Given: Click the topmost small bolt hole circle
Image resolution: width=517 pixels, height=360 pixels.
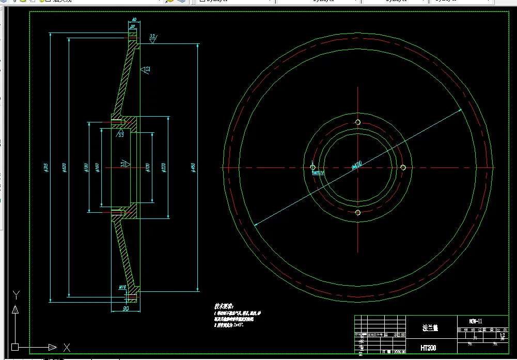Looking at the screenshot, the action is pyautogui.click(x=358, y=122).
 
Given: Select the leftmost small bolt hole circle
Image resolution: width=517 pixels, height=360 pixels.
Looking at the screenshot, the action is pyautogui.click(x=312, y=167).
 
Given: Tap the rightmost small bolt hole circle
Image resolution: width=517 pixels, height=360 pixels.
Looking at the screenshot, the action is pyautogui.click(x=403, y=167).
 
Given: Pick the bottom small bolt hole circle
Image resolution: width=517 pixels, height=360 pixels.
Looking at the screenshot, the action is pyautogui.click(x=358, y=212).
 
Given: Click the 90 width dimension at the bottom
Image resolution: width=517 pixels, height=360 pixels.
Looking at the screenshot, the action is pyautogui.click(x=125, y=308).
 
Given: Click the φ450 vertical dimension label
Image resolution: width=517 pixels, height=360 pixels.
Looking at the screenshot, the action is pyautogui.click(x=193, y=167).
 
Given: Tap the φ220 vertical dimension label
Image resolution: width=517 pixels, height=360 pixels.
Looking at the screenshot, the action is pyautogui.click(x=164, y=167).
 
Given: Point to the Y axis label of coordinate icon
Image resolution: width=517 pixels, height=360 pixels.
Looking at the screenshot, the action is pyautogui.click(x=16, y=295).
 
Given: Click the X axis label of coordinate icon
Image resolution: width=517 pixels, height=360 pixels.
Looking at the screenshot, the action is pyautogui.click(x=66, y=347).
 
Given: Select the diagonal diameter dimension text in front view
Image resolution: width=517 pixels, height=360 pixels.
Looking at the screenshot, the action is pyautogui.click(x=356, y=166).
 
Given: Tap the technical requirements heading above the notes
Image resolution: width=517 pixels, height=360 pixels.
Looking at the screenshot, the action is pyautogui.click(x=224, y=306).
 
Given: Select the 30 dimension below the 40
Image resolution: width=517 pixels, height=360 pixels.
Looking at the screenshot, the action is pyautogui.click(x=133, y=27).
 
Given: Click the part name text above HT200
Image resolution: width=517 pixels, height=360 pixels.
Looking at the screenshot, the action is pyautogui.click(x=429, y=327).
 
